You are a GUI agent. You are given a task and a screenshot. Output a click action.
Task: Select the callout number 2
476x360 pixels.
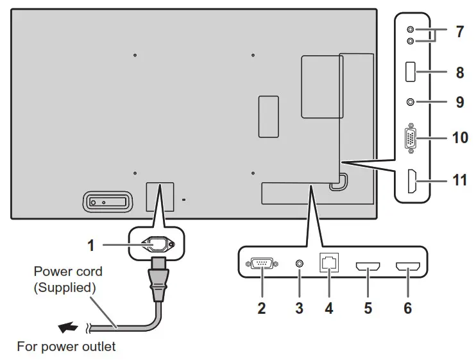261,307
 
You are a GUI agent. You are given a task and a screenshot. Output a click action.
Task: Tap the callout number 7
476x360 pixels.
459,32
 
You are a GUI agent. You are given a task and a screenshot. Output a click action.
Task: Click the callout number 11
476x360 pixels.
459,180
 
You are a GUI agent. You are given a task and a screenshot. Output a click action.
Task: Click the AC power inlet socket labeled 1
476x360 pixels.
154,244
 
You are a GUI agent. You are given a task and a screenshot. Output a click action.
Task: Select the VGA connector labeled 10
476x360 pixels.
409,139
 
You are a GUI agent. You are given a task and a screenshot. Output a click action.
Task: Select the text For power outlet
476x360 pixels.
66,347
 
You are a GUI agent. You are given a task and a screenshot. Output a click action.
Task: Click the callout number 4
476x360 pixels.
328,307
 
